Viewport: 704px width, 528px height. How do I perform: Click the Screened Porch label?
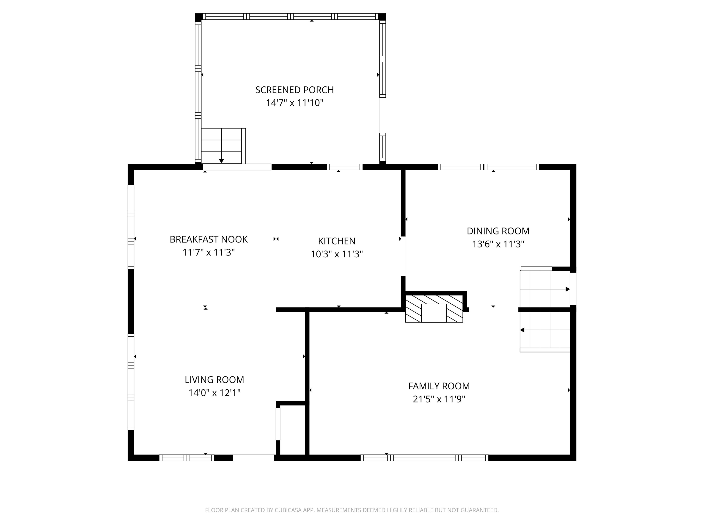pos(294,90)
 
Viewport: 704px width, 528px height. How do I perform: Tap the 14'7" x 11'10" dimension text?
pos(294,103)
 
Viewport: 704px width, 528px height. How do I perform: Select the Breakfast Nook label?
pos(209,239)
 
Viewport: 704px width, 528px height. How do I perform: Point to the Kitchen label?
pos(337,241)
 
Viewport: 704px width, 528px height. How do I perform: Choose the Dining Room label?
pos(498,231)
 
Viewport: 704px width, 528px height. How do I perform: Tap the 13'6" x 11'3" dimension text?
pos(498,244)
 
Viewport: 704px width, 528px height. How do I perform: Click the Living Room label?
pos(214,380)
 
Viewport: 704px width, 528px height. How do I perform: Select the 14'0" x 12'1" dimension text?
pos(214,393)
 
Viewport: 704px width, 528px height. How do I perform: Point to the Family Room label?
pos(439,386)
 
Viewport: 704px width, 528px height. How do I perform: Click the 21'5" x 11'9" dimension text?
pos(439,399)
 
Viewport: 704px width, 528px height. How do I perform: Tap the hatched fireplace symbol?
pos(434,309)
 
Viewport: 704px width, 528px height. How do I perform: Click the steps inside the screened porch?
pos(222,146)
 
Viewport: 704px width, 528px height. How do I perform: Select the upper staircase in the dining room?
pos(544,289)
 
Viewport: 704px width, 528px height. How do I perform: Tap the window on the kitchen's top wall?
pos(345,167)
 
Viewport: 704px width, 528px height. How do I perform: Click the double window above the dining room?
pos(488,167)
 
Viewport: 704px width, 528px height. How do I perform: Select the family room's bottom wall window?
pos(424,458)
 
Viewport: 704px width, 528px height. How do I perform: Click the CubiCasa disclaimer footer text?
pos(352,510)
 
